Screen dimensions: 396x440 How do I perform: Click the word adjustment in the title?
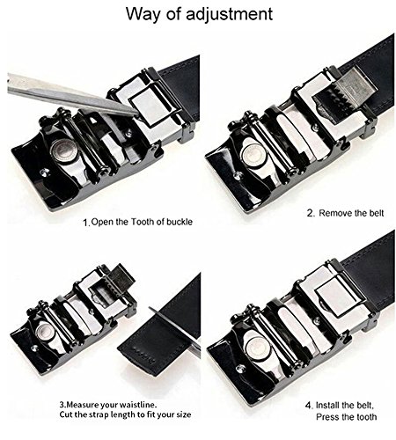coord(229,14)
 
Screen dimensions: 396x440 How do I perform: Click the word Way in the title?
coord(144,14)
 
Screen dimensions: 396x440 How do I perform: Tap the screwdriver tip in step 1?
coord(135,113)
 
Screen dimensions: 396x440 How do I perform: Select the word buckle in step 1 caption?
coord(180,222)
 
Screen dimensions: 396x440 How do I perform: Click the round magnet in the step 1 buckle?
coord(62,150)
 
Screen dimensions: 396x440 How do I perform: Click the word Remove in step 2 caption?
coord(335,213)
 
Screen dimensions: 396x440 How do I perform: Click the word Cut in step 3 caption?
coord(66,414)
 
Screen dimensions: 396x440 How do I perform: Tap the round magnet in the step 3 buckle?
coord(45,331)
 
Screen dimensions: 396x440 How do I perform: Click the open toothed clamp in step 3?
coord(113,284)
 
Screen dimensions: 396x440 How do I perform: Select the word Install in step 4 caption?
coord(327,406)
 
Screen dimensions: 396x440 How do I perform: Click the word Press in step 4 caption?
coord(327,417)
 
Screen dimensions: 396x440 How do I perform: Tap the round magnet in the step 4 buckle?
coord(257,348)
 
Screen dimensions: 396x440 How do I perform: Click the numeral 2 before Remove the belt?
coord(311,213)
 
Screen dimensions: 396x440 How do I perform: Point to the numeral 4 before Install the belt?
coord(309,406)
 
